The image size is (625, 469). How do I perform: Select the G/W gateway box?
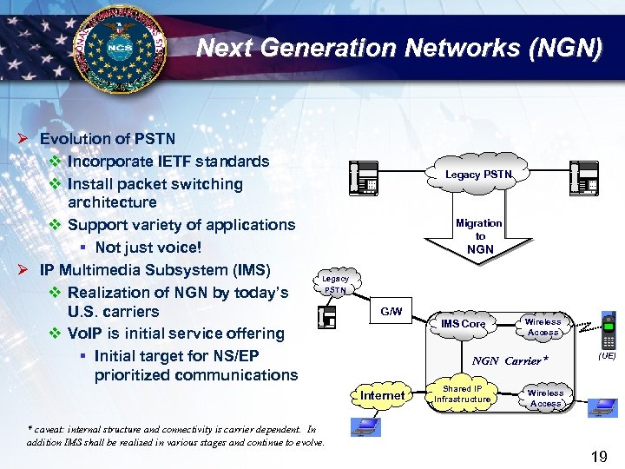click(x=391, y=312)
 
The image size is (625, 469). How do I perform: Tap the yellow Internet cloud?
click(x=382, y=395)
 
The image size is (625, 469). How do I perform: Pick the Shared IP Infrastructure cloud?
click(x=463, y=394)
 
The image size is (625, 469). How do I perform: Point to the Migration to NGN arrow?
click(x=479, y=237)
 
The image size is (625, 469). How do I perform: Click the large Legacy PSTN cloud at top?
click(x=479, y=175)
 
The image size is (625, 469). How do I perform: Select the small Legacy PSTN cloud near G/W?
click(x=335, y=284)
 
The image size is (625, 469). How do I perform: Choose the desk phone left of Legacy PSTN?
click(x=363, y=179)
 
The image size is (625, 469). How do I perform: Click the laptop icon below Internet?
click(x=365, y=426)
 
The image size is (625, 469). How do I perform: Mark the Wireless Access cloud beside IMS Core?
click(x=543, y=327)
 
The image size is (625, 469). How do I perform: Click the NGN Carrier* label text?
click(x=510, y=360)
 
